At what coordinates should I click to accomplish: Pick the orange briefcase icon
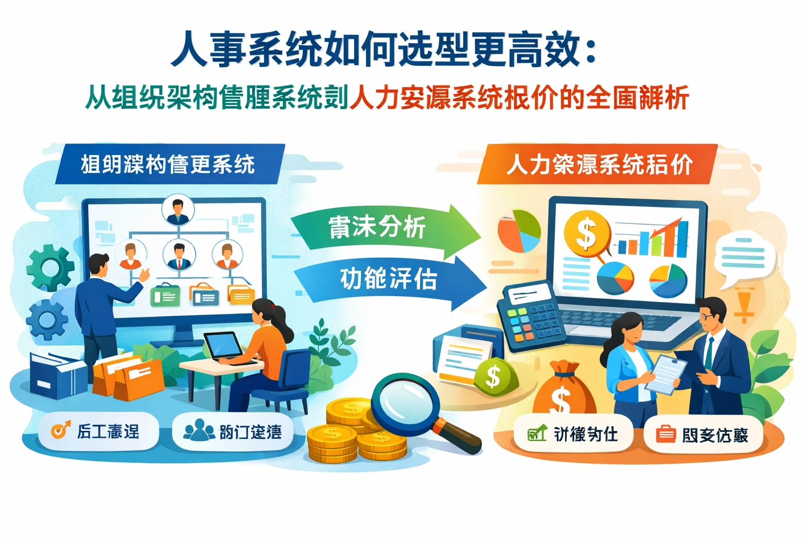(666, 434)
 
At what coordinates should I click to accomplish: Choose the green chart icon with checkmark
(537, 434)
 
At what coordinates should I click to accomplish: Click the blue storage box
(55, 374)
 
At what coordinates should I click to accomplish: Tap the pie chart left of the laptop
(519, 231)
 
